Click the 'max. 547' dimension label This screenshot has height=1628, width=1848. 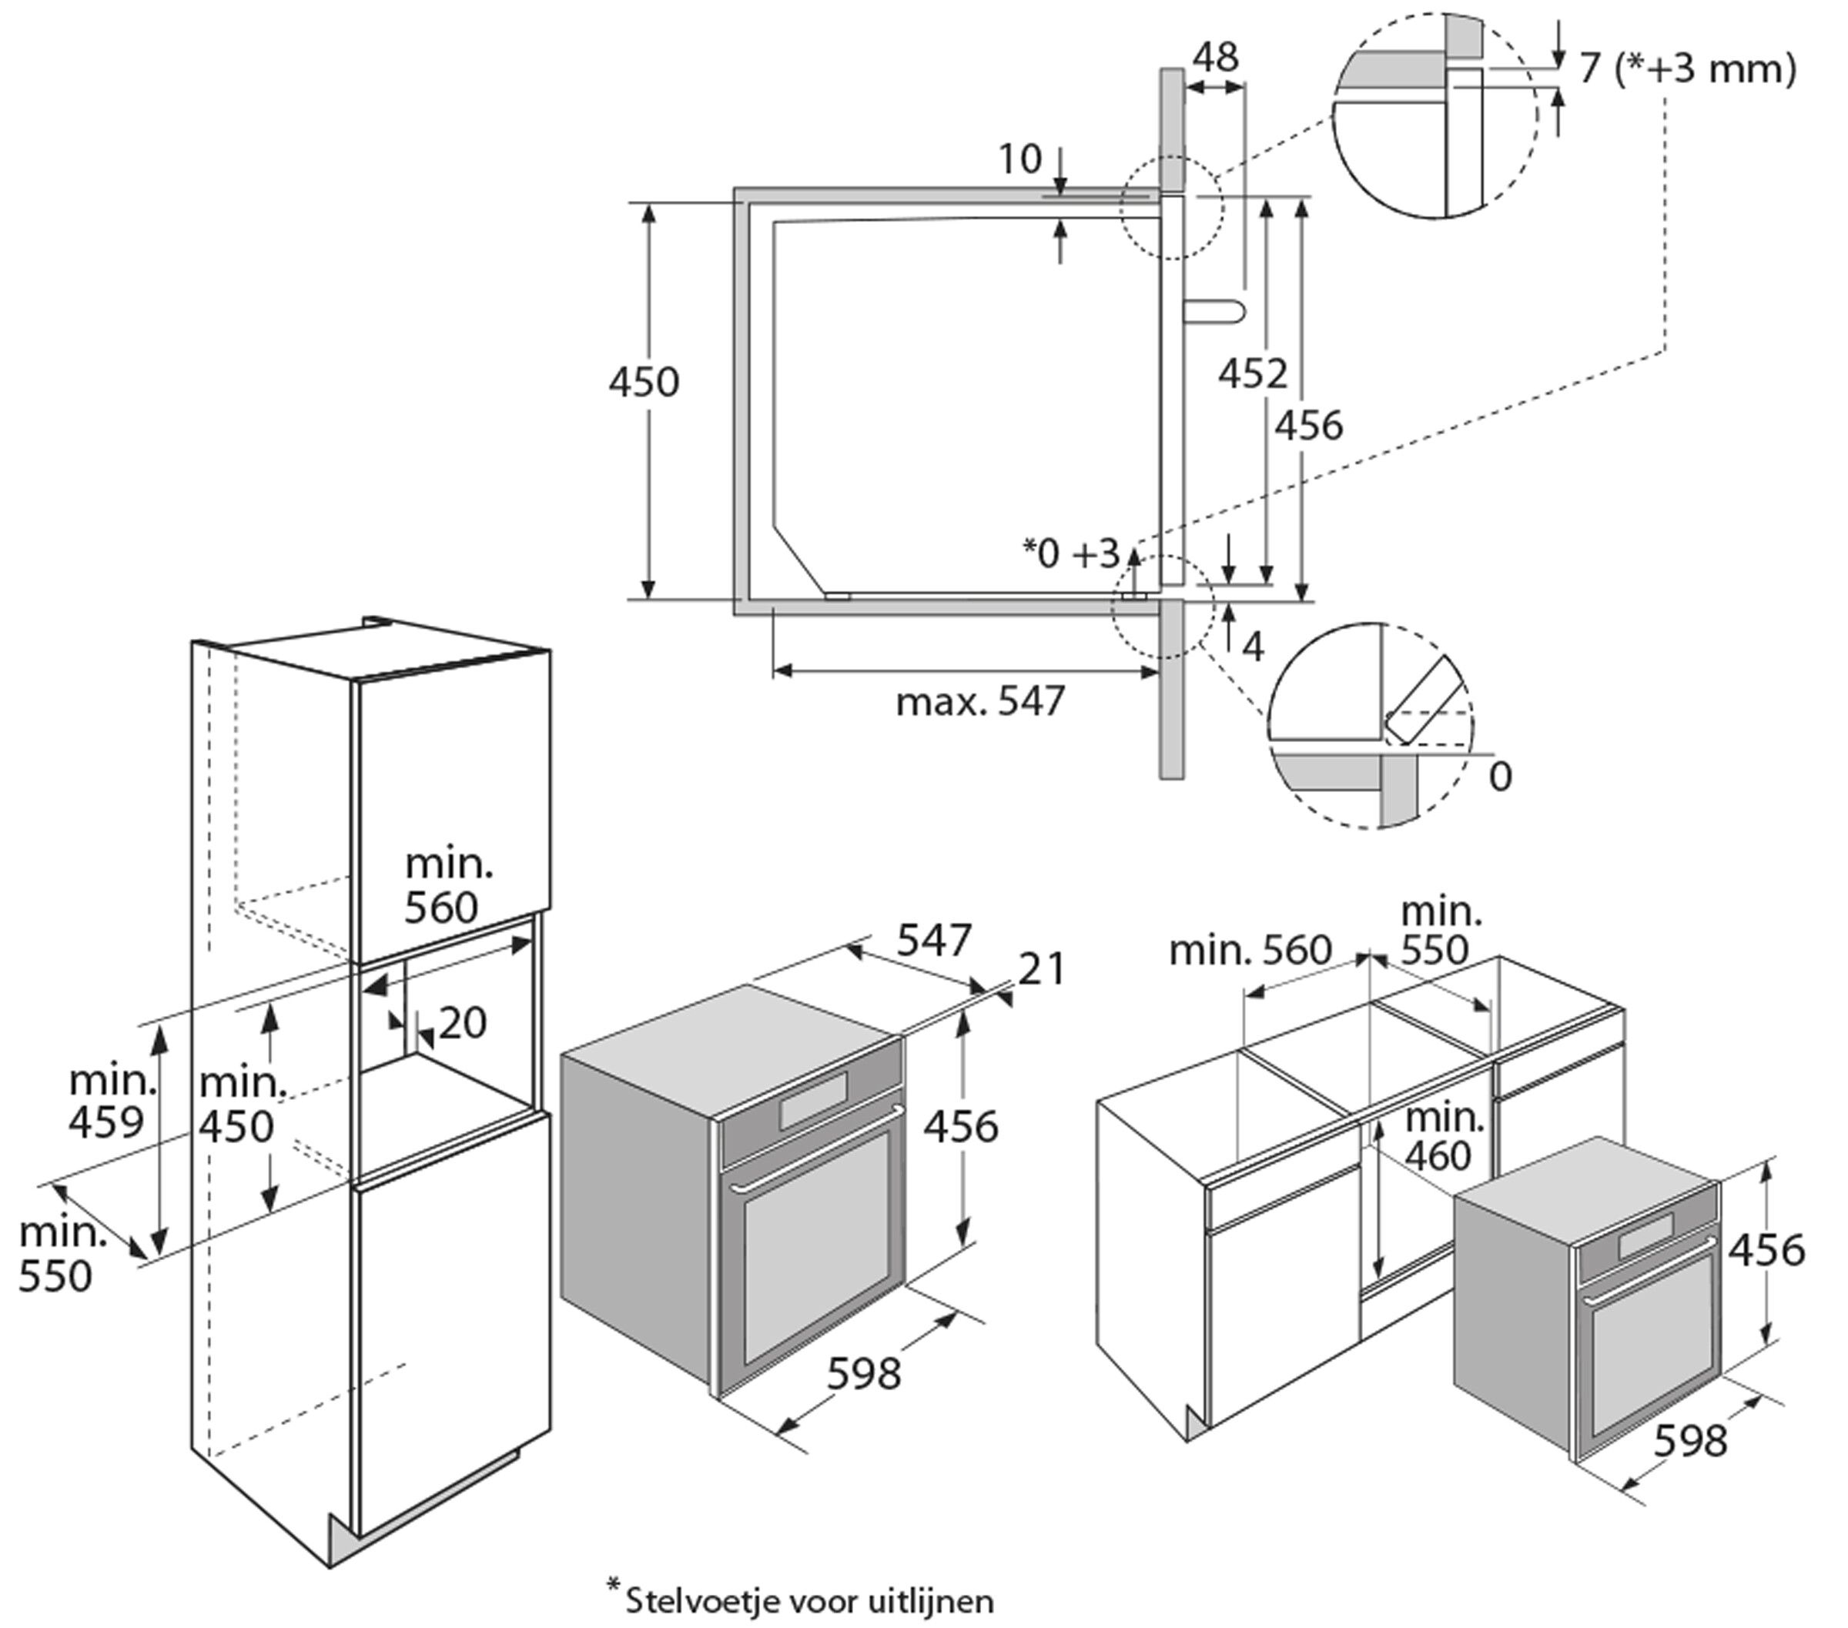pyautogui.click(x=980, y=701)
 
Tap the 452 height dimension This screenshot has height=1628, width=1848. pyautogui.click(x=1251, y=373)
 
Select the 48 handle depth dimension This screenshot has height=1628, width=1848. pyautogui.click(x=1214, y=58)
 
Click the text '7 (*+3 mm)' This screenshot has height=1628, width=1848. pyautogui.click(x=1687, y=69)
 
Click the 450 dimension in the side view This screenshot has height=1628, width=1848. pyautogui.click(x=643, y=383)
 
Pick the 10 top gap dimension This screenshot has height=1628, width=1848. pyautogui.click(x=1019, y=159)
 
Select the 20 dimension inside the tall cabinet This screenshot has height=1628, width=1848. pyautogui.click(x=462, y=1023)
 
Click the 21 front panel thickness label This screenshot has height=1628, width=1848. pyautogui.click(x=1042, y=969)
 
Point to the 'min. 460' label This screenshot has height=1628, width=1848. pyautogui.click(x=1444, y=1136)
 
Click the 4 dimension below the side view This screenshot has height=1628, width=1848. pyautogui.click(x=1252, y=647)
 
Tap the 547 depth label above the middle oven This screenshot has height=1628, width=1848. pyautogui.click(x=933, y=941)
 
